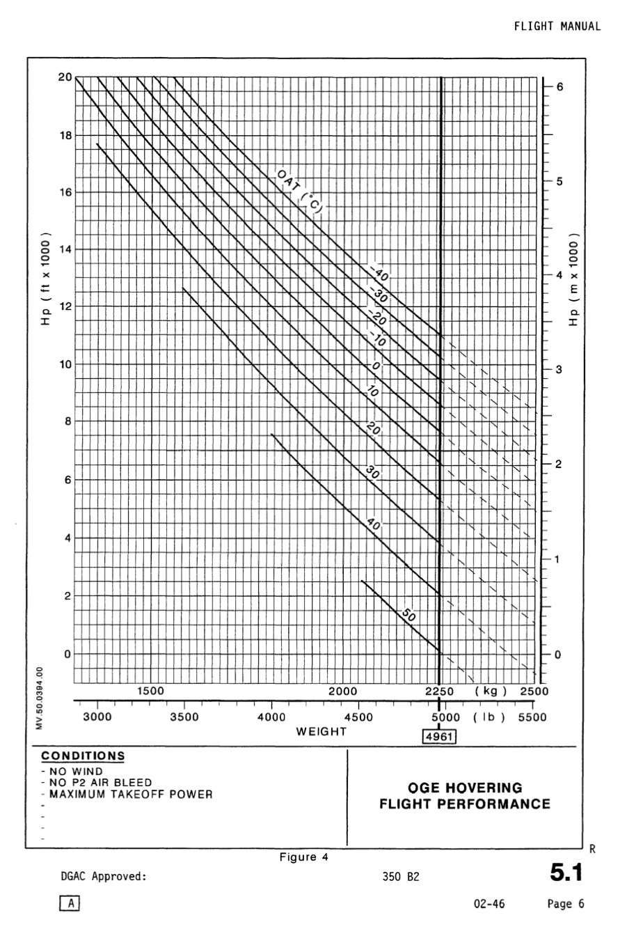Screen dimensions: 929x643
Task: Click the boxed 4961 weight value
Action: coord(440,735)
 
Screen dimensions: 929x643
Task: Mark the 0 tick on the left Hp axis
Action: coord(65,655)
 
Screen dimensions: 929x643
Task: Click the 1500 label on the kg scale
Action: coord(150,692)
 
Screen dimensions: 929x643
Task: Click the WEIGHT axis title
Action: coord(321,732)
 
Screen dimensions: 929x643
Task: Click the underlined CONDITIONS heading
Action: coord(84,756)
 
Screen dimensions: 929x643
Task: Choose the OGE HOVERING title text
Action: coord(464,788)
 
